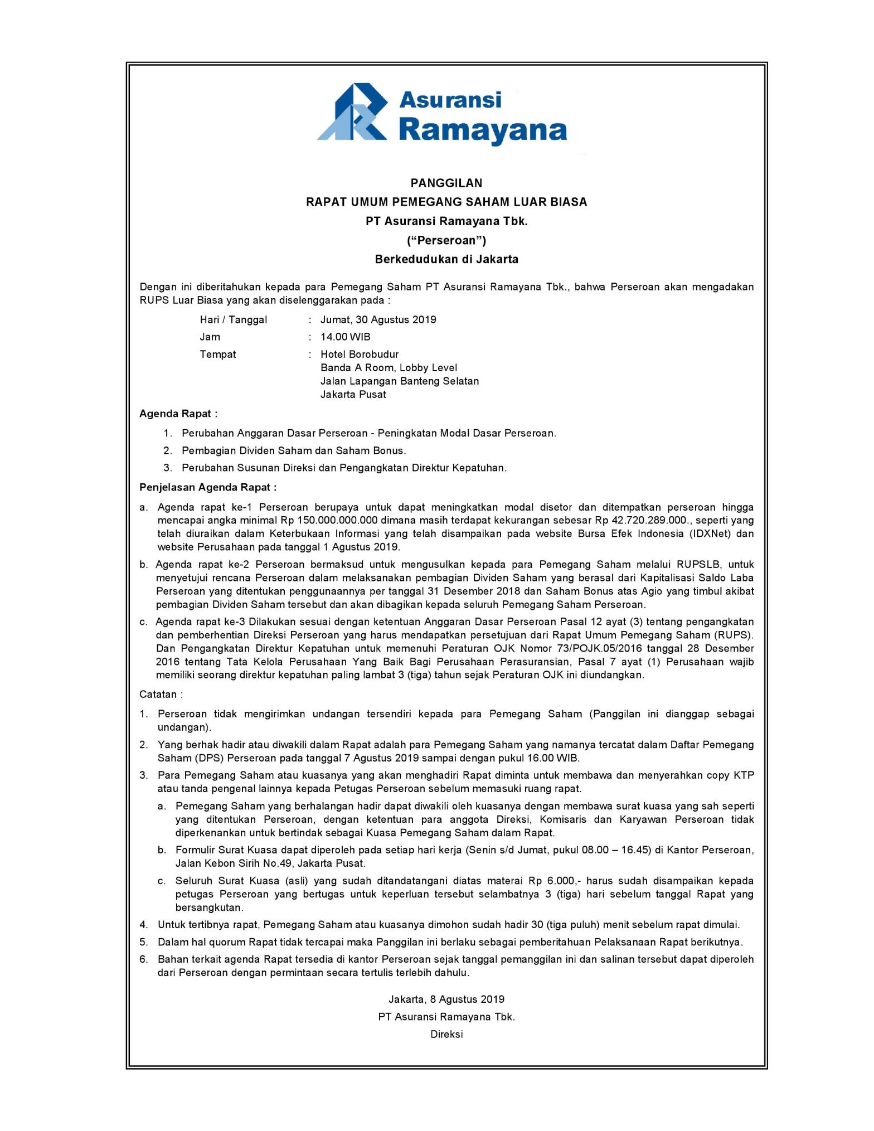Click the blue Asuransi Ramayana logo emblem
(353, 111)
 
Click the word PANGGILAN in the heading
(446, 183)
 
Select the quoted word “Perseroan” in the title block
(446, 240)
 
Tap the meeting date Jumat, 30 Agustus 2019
(378, 320)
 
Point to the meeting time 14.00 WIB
(345, 337)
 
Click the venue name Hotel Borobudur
(360, 355)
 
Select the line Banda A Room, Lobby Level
(389, 368)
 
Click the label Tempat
(217, 355)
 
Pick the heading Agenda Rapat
(178, 414)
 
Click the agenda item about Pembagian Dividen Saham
(294, 450)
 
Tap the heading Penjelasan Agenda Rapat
(208, 487)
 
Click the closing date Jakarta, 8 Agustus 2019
(446, 999)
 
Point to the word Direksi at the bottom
(446, 1035)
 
